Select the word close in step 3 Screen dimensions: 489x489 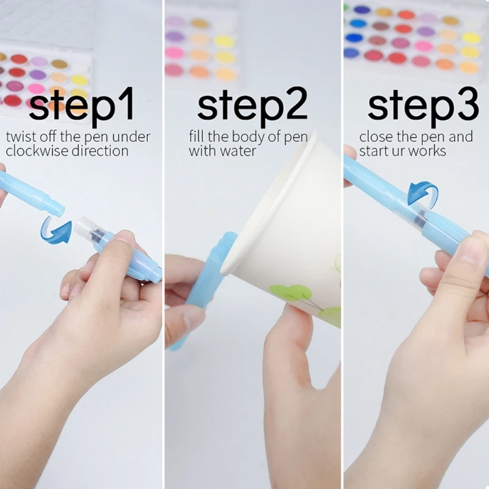pyautogui.click(x=375, y=136)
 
